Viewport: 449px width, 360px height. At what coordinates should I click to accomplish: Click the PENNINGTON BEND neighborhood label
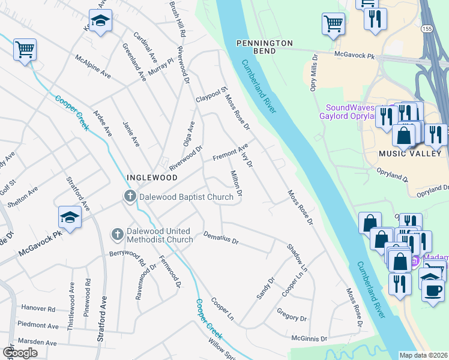pyautogui.click(x=264, y=47)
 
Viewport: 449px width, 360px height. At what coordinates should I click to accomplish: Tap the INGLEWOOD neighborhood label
pyautogui.click(x=151, y=178)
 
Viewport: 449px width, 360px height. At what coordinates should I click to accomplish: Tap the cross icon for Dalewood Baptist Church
pyautogui.click(x=129, y=196)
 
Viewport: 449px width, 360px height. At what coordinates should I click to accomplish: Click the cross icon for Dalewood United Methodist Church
pyautogui.click(x=117, y=232)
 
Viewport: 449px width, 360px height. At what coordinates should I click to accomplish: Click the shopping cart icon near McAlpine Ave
pyautogui.click(x=25, y=49)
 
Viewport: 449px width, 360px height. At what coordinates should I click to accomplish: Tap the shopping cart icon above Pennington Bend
pyautogui.click(x=333, y=23)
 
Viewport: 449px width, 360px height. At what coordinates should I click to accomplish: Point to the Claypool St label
pyautogui.click(x=211, y=95)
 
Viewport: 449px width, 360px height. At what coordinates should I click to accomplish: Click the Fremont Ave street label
pyautogui.click(x=231, y=152)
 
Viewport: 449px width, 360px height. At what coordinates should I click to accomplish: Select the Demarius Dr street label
pyautogui.click(x=221, y=238)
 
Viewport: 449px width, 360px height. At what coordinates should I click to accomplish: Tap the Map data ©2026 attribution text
pyautogui.click(x=423, y=355)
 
